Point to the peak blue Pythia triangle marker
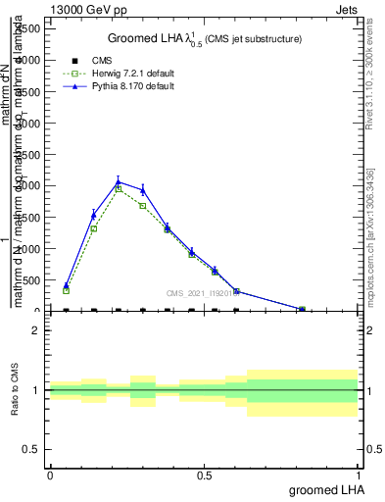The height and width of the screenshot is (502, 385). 119,181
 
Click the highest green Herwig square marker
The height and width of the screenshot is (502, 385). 119,188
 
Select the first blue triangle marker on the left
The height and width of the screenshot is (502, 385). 67,285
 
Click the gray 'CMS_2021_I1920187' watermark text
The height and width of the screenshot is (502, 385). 202,292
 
